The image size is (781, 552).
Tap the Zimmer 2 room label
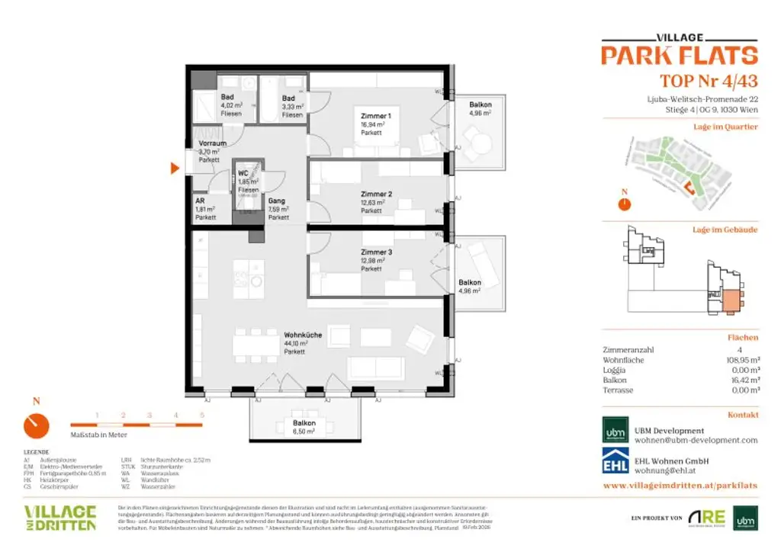tap(376, 194)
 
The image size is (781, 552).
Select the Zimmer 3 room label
tap(376, 252)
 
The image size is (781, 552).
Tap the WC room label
tap(243, 174)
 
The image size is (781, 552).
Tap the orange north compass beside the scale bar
tap(36, 425)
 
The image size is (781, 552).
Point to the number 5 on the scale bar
tap(202, 415)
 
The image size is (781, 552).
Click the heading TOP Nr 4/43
tap(708, 81)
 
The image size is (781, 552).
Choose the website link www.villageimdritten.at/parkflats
tap(680, 485)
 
